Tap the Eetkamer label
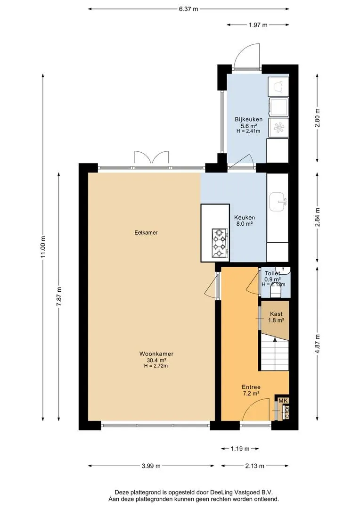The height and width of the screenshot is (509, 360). [146, 232]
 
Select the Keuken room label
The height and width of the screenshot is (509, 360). [245, 217]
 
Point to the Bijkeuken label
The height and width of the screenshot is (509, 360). [249, 119]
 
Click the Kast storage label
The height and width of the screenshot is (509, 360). [276, 314]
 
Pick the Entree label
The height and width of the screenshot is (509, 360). [251, 387]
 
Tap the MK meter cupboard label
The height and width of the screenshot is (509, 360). [283, 401]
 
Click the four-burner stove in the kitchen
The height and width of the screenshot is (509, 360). [219, 243]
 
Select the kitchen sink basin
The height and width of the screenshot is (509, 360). [278, 202]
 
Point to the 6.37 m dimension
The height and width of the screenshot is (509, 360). [188, 9]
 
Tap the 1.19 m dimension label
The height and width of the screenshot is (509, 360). [240, 449]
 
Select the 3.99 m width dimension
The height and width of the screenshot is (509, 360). [151, 466]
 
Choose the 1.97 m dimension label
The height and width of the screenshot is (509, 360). [258, 25]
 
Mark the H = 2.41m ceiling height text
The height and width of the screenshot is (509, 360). [248, 131]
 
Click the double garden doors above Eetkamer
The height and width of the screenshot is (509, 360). [152, 157]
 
